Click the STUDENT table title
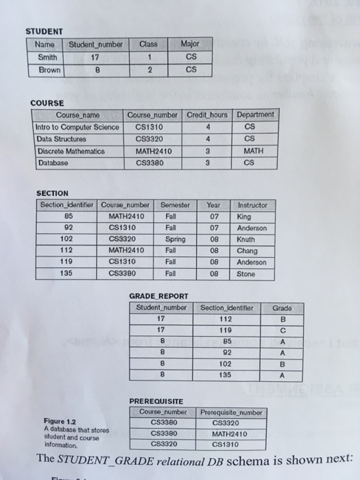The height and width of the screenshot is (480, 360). click(44, 31)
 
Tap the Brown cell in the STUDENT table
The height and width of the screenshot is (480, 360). click(49, 69)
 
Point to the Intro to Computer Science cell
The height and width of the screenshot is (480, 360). click(77, 127)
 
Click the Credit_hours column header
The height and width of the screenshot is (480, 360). click(207, 115)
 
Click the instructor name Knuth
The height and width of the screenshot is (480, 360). click(245, 240)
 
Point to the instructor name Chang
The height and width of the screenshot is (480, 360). click(247, 251)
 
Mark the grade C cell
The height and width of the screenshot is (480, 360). click(282, 330)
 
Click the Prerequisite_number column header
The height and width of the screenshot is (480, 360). click(232, 412)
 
